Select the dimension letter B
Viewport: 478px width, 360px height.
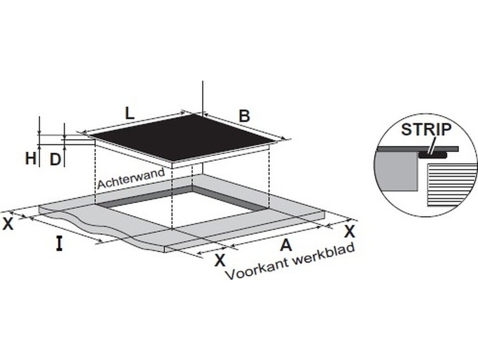click(244, 116)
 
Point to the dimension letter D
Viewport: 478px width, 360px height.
click(55, 159)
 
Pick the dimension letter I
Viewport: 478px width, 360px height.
click(59, 244)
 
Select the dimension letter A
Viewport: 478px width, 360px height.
click(286, 245)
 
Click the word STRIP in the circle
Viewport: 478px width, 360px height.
click(426, 130)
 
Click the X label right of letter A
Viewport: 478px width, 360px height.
click(350, 231)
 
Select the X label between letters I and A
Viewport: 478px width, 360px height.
click(220, 260)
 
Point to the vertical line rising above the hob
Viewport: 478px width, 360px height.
click(202, 96)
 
